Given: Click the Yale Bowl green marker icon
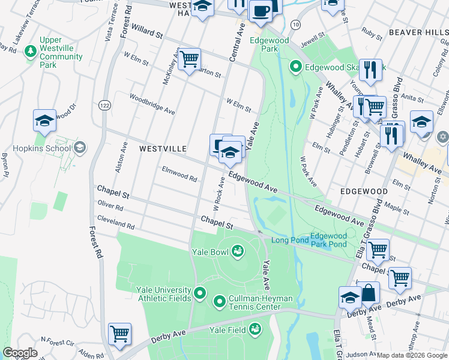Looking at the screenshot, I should [x=237, y=251].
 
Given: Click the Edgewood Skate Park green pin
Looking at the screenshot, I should [x=295, y=67].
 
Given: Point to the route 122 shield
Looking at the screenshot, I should [x=104, y=104].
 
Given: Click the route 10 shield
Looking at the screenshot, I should [x=295, y=23].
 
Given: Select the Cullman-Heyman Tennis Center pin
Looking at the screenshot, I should [x=219, y=301].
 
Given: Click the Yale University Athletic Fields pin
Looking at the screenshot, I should [x=200, y=294].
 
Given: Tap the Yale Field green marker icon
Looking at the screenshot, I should [x=255, y=329].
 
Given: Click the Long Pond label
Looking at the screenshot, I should [x=289, y=241].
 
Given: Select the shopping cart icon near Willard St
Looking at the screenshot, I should [x=189, y=59].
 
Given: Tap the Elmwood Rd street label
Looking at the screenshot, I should [x=179, y=178].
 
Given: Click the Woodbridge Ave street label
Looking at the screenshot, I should [x=152, y=103].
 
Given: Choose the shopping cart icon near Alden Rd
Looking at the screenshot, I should [x=119, y=334].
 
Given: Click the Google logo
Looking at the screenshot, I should [x=20, y=353].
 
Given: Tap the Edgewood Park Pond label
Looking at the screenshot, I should [x=328, y=241].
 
